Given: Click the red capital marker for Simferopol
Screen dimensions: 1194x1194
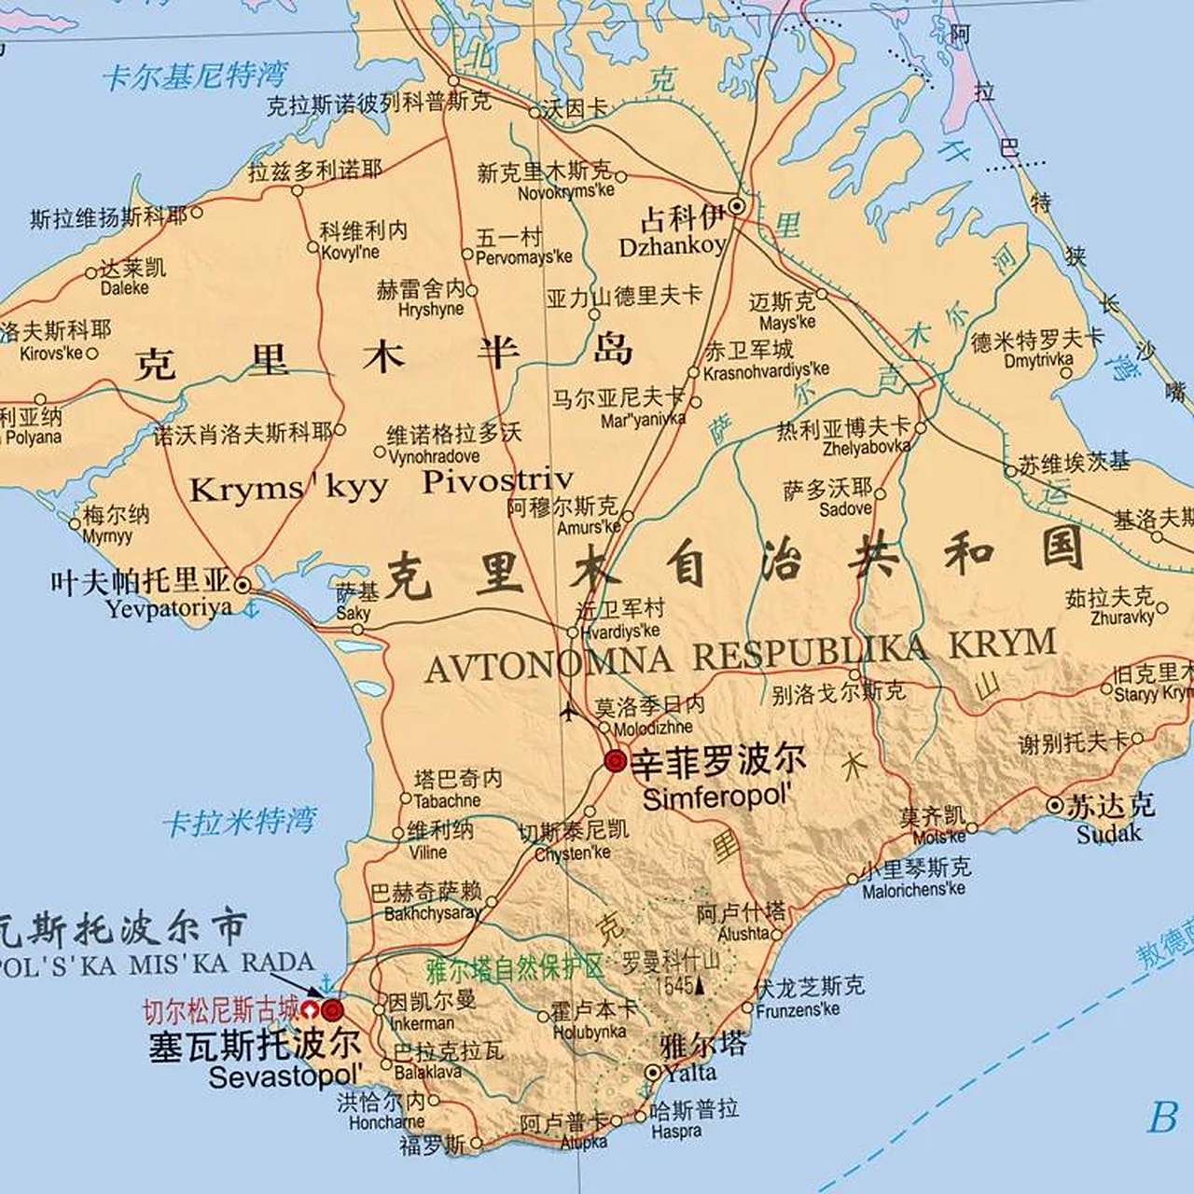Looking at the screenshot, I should [x=615, y=761].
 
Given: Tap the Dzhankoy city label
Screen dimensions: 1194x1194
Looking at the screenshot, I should [x=672, y=246].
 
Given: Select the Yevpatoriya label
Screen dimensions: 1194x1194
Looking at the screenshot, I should [x=168, y=608].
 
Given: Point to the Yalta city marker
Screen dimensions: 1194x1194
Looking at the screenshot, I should [x=654, y=1073].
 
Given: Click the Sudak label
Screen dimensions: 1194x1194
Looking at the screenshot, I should [x=1108, y=833].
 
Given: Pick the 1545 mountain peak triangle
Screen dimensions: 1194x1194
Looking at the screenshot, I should [x=700, y=985].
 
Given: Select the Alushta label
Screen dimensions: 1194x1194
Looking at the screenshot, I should [x=744, y=933].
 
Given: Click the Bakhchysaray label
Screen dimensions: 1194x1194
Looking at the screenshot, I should [x=432, y=913].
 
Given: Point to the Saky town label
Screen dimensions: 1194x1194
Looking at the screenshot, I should [x=353, y=613].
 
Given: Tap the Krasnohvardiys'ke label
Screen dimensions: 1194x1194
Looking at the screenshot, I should [x=766, y=371].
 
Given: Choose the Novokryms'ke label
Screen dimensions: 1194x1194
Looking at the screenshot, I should [x=566, y=191].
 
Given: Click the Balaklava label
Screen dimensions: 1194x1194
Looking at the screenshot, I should [x=427, y=1073].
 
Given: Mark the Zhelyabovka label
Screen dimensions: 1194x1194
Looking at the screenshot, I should [x=867, y=447].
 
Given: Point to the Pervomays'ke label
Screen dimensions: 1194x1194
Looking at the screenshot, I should [x=523, y=257].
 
